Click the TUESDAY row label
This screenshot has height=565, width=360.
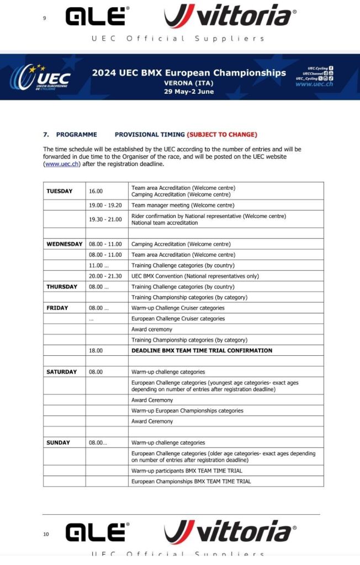[60, 191]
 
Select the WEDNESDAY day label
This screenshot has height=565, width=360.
[65, 244]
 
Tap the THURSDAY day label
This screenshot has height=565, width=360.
[62, 287]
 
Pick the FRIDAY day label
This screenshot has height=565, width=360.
[57, 308]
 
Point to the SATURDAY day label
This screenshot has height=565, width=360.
[62, 372]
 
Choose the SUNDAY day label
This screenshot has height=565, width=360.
[59, 443]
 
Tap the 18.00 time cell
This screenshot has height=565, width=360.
[96, 350]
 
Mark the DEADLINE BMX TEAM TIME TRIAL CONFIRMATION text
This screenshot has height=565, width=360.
[202, 350]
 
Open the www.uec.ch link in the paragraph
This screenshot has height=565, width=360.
[62, 164]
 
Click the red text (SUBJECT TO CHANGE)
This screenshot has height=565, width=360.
[222, 135]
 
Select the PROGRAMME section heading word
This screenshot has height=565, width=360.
[76, 135]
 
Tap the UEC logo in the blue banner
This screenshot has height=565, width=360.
[43, 77]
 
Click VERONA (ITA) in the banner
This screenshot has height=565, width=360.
[189, 83]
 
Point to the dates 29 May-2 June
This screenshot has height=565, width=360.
[189, 91]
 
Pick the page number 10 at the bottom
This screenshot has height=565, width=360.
[46, 534]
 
